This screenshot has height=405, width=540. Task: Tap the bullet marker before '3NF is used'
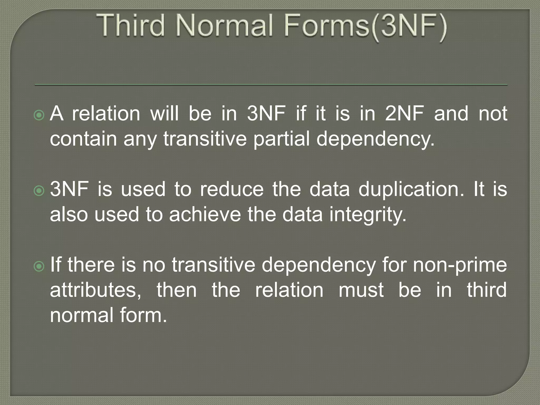click(39, 191)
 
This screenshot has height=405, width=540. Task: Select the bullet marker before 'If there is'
click(39, 267)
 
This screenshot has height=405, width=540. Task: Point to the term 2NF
click(404, 114)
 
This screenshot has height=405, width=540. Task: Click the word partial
click(281, 139)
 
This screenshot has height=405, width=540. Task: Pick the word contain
click(83, 139)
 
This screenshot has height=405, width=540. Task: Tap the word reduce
click(232, 189)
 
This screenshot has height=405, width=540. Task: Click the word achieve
click(205, 214)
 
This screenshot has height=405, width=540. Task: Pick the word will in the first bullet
click(164, 114)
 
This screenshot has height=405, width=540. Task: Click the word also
click(69, 214)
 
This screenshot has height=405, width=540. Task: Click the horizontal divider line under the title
click(271, 85)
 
